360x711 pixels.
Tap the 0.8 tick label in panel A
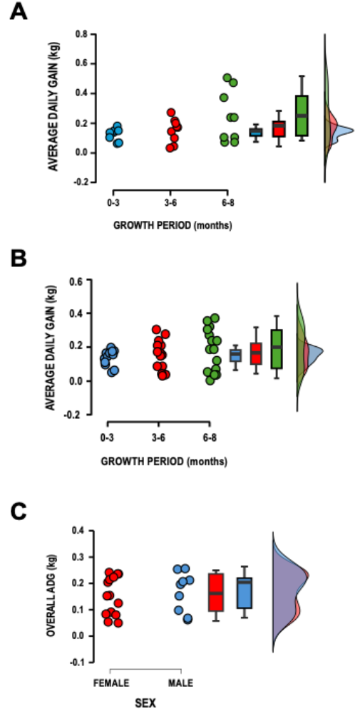pyautogui.click(x=81, y=34)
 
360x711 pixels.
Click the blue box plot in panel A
pyautogui.click(x=256, y=132)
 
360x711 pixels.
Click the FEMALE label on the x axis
pyautogui.click(x=110, y=683)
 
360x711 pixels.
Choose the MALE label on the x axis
pyautogui.click(x=181, y=683)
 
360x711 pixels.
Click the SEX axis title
pyautogui.click(x=145, y=702)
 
